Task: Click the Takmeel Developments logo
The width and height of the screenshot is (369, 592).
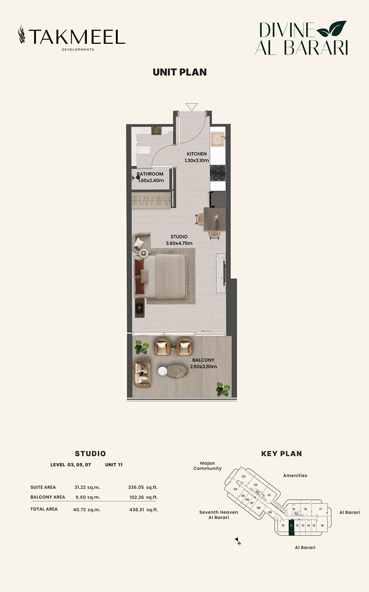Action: [x=72, y=38]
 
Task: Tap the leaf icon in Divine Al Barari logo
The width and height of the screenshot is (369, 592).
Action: [x=331, y=28]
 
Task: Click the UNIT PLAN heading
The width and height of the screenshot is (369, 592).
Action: [x=180, y=72]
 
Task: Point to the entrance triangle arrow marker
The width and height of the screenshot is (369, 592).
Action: [x=192, y=107]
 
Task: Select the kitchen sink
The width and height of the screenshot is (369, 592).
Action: [x=218, y=139]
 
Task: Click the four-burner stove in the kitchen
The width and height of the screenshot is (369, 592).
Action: [x=218, y=173]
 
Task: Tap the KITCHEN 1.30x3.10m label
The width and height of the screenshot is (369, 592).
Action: [x=197, y=157]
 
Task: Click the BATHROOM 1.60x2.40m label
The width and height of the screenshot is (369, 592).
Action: [x=150, y=177]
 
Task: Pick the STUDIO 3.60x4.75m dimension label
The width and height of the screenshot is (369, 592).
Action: [x=179, y=240]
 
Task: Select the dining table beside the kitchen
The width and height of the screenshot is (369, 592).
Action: [x=215, y=219]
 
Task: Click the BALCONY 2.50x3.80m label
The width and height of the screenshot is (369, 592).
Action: [x=203, y=363]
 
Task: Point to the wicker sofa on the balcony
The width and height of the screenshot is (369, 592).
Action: [x=142, y=373]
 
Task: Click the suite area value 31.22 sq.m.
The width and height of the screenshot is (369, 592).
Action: [x=87, y=487]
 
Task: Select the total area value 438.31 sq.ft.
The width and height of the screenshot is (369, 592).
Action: [x=144, y=509]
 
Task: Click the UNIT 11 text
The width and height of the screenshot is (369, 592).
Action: [x=114, y=465]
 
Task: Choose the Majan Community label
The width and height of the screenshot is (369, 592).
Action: [x=207, y=466]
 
